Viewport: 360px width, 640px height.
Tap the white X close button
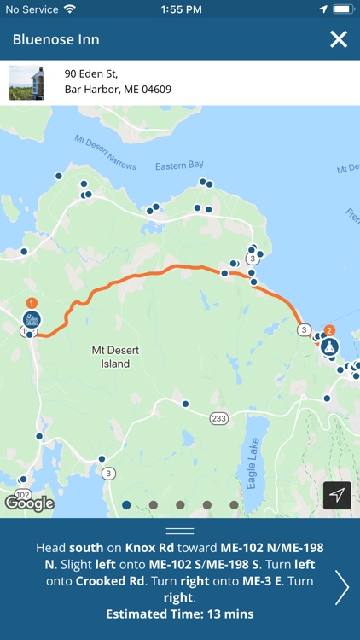[x=339, y=39]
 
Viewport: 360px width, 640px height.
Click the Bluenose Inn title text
[x=56, y=40]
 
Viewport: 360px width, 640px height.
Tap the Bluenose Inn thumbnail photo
[x=26, y=83]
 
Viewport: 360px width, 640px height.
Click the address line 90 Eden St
[x=92, y=74]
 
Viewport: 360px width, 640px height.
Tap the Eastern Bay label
[x=181, y=167]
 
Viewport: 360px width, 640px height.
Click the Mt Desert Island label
[x=111, y=357]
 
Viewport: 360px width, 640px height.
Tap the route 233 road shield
[x=219, y=417]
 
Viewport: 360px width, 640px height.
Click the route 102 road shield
[x=23, y=494]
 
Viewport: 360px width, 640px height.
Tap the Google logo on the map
[x=29, y=503]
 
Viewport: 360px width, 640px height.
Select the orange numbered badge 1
[x=32, y=302]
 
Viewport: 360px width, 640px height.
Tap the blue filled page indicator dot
[x=126, y=504]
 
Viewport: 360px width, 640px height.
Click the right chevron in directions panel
[x=341, y=587]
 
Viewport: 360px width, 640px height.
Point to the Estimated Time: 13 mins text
[x=180, y=614]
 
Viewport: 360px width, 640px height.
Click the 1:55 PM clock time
[x=179, y=9]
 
